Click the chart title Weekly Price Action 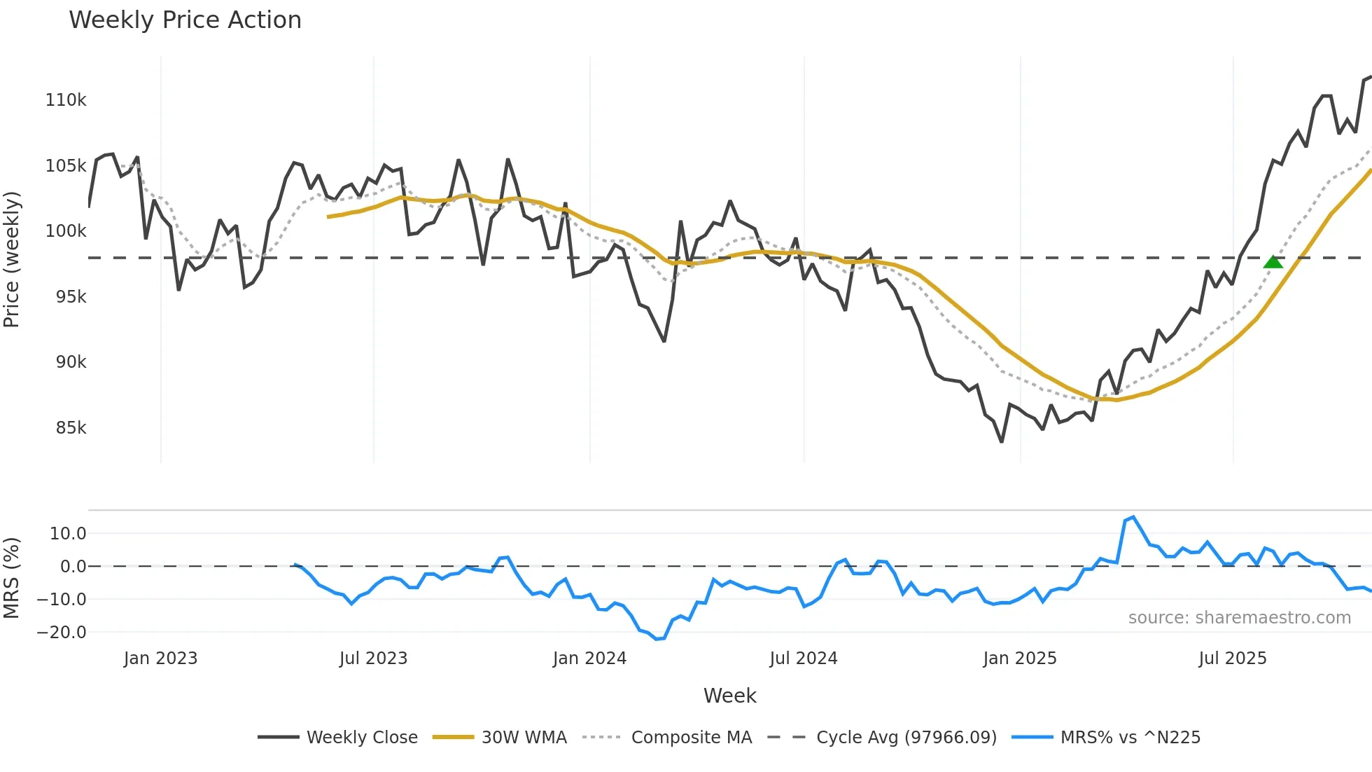click(x=185, y=20)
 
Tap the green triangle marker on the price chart click(x=1273, y=262)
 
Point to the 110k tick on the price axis click(x=66, y=100)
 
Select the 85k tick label click(x=71, y=427)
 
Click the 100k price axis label click(x=66, y=231)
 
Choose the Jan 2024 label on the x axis click(x=589, y=659)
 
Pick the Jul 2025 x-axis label click(x=1233, y=659)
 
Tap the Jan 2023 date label click(x=160, y=659)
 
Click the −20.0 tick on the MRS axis click(x=62, y=632)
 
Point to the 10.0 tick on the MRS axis click(x=68, y=534)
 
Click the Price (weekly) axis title click(x=12, y=259)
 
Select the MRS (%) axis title click(x=12, y=578)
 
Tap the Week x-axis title click(x=729, y=696)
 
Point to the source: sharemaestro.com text click(x=1239, y=618)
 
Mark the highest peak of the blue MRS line click(x=1133, y=517)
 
